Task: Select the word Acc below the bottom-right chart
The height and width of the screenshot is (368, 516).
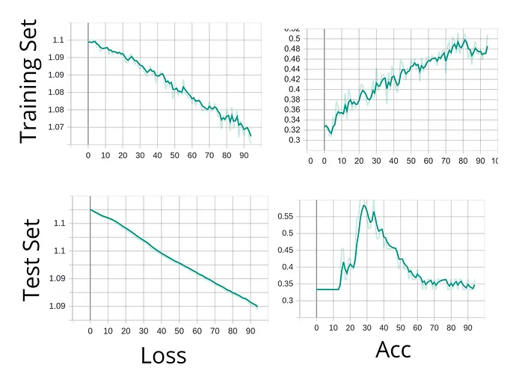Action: point(393,349)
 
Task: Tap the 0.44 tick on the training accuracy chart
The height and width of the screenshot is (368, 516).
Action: point(294,69)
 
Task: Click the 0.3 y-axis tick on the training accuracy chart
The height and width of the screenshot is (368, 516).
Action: point(295,140)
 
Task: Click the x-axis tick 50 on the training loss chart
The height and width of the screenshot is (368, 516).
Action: point(174,156)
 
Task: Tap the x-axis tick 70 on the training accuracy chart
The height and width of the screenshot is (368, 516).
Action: point(446,159)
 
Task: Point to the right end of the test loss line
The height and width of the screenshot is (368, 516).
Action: point(257,307)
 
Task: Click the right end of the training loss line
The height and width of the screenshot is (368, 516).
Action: point(251,136)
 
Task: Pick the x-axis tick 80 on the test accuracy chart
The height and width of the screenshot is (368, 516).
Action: point(452,327)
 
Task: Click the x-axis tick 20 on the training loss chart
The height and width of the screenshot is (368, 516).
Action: point(123,156)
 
